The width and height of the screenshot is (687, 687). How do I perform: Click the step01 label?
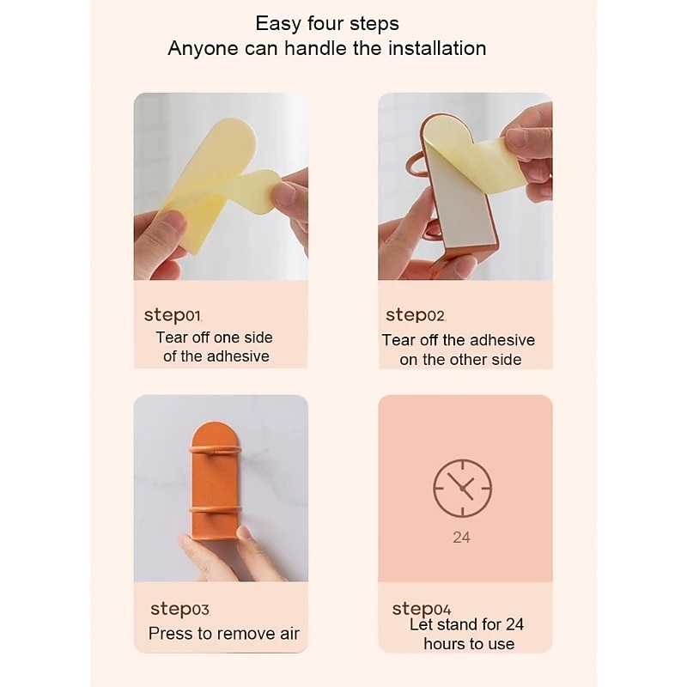click(x=173, y=315)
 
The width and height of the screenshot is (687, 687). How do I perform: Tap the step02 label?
click(x=416, y=315)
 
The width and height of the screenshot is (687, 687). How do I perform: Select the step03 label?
click(x=179, y=609)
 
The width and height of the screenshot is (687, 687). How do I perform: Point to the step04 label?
click(x=421, y=609)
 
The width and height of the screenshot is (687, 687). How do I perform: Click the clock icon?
click(x=462, y=488)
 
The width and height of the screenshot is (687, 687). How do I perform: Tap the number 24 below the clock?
click(x=461, y=538)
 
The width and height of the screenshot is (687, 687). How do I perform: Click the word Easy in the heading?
click(x=278, y=24)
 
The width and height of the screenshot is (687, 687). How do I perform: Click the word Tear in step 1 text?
click(x=172, y=337)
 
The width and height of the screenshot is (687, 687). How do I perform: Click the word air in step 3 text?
click(x=289, y=634)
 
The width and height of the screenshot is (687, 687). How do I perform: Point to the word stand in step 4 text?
click(x=455, y=624)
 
